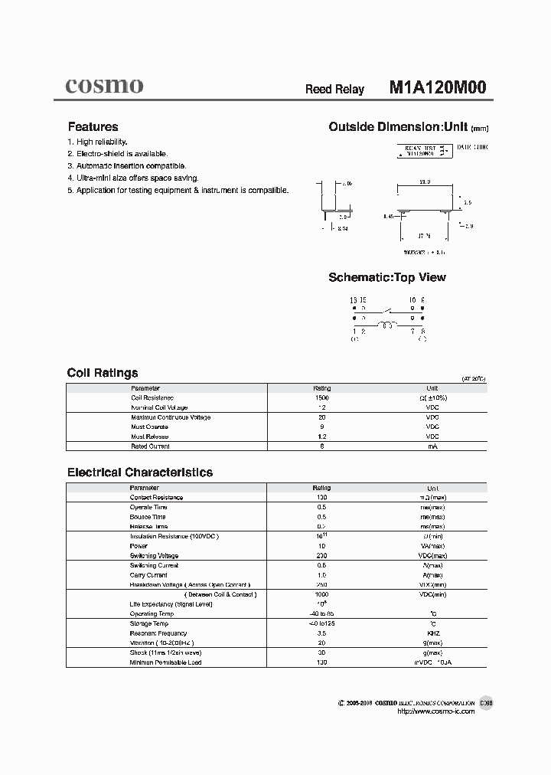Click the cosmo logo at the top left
click(x=103, y=87)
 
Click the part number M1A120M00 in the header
click(x=437, y=87)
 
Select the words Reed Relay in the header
click(x=334, y=89)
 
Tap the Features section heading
click(x=93, y=127)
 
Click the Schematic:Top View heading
click(x=386, y=277)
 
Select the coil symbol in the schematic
click(x=388, y=325)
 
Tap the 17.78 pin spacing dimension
click(x=425, y=237)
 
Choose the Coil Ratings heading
click(x=103, y=373)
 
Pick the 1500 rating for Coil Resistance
click(x=321, y=398)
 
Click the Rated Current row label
click(x=150, y=446)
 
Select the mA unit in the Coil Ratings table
click(x=432, y=446)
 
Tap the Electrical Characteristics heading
click(x=140, y=473)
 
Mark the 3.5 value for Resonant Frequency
click(x=321, y=633)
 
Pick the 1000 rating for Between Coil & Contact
click(x=321, y=594)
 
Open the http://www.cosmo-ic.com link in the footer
click(x=436, y=711)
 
